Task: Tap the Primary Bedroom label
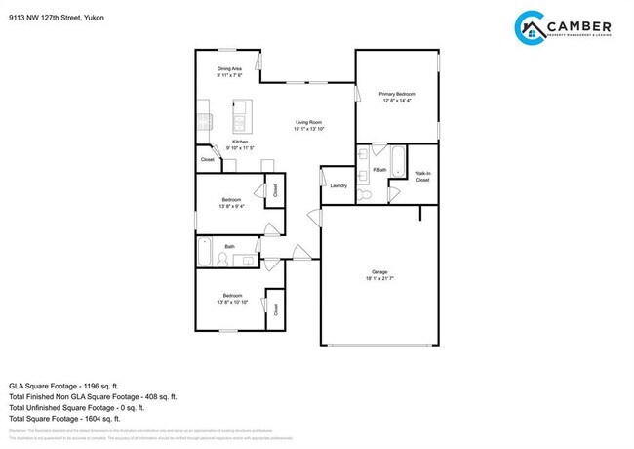click(397, 94)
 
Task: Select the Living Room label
click(309, 122)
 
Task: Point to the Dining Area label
click(230, 69)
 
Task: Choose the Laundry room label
click(338, 185)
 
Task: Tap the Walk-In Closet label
click(422, 177)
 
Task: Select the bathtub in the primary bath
click(400, 158)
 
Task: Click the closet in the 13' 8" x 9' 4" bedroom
click(274, 191)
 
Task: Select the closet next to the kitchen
click(208, 158)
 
